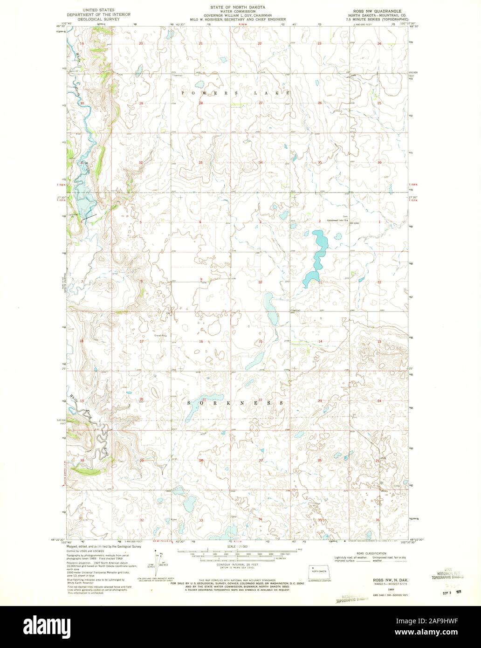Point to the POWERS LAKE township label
click(x=237, y=93)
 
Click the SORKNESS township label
click(x=235, y=402)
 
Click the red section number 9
click(x=201, y=280)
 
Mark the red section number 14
click(x=320, y=342)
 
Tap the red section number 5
click(x=140, y=222)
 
